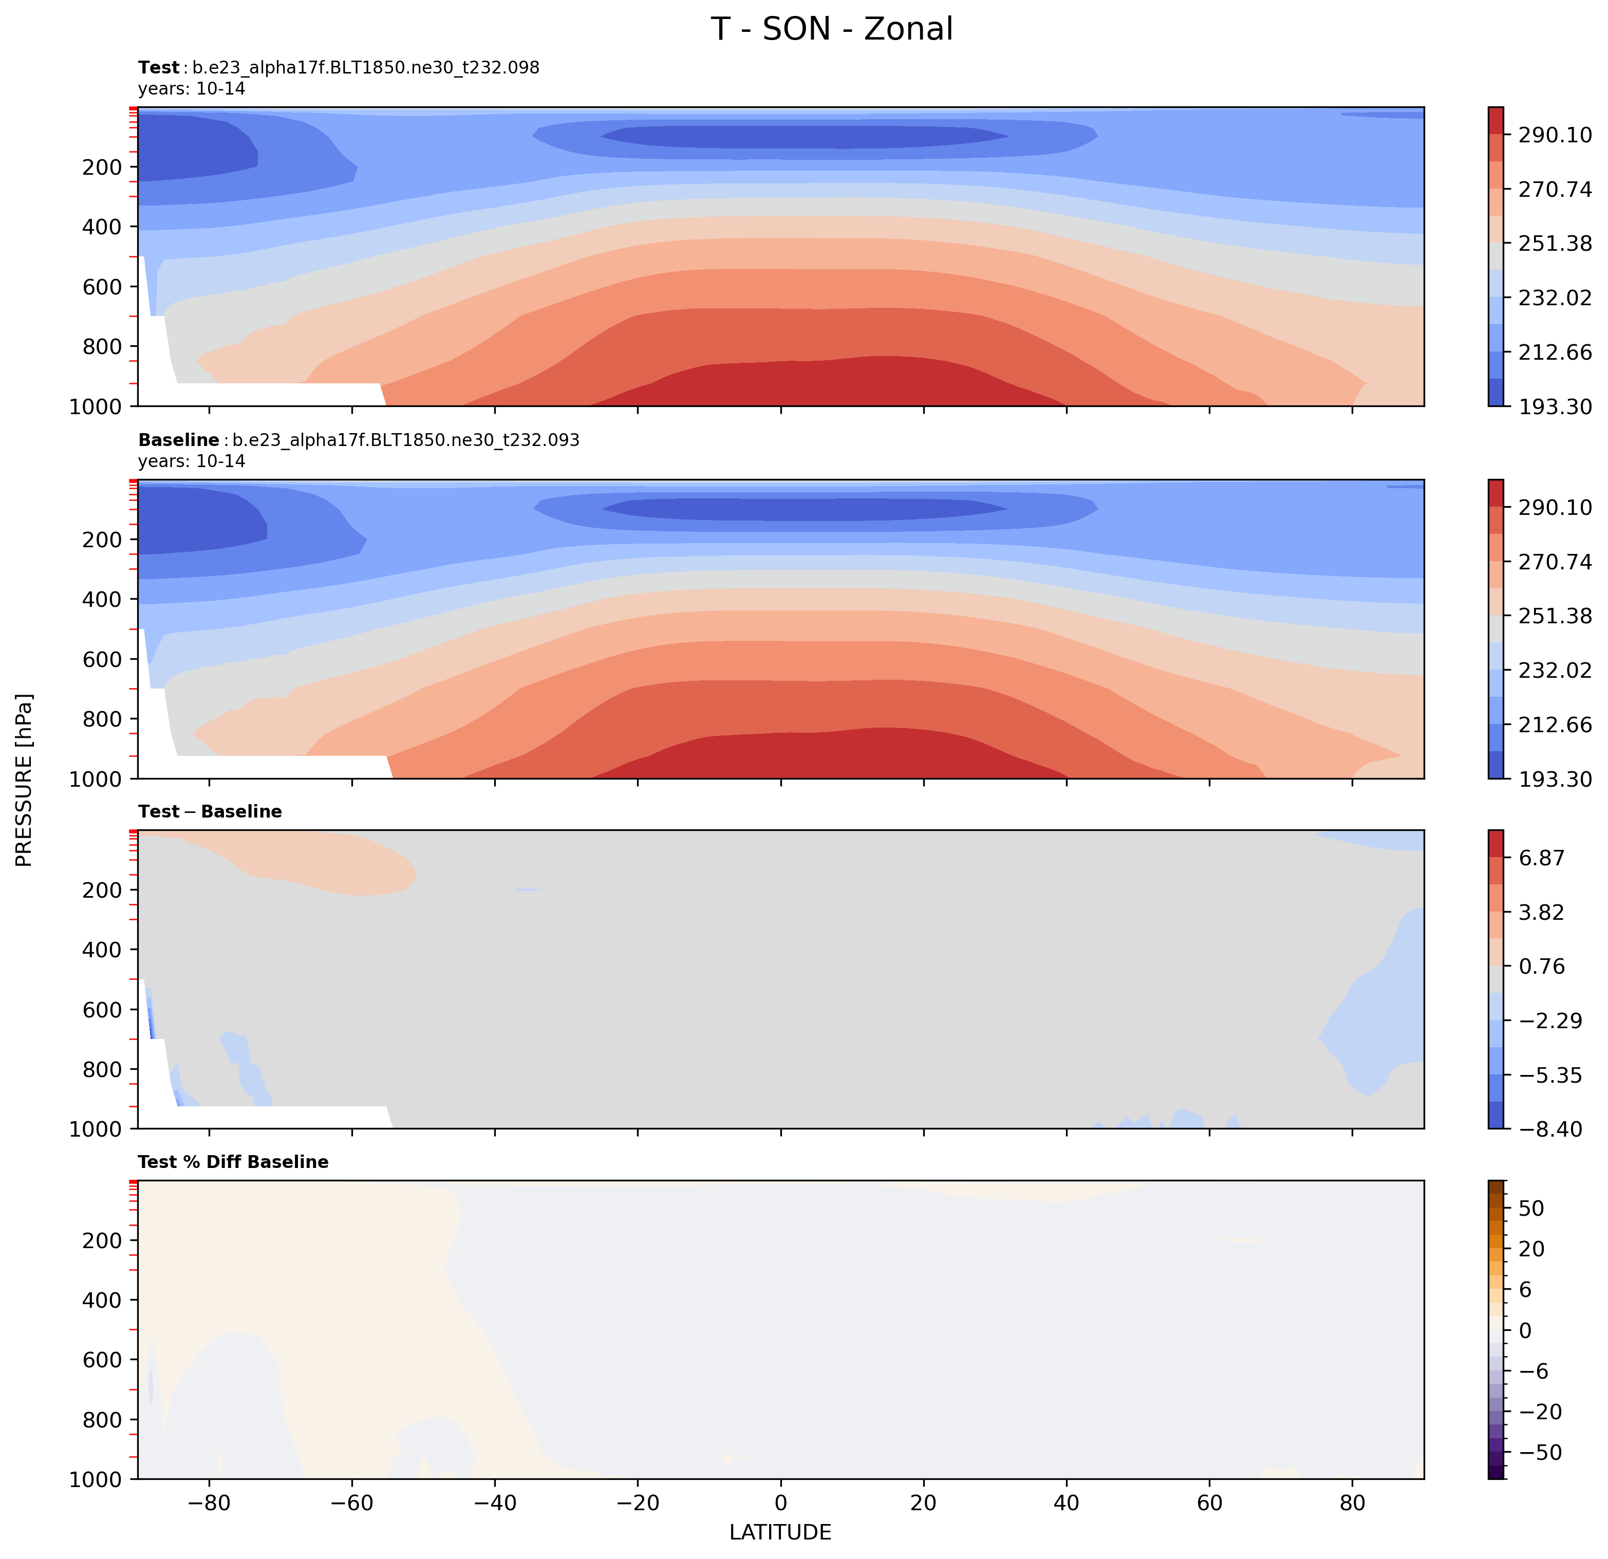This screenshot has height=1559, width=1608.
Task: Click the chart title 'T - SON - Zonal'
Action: (x=831, y=29)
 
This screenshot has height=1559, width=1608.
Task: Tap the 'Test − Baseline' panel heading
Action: (x=210, y=811)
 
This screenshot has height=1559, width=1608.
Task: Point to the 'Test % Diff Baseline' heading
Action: (x=233, y=1162)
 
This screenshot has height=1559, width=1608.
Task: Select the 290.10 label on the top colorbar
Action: (x=1554, y=135)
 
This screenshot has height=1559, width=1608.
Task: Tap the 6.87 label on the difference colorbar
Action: (x=1542, y=858)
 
